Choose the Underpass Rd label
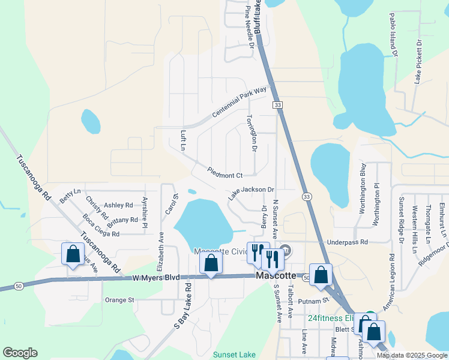coord(346,242)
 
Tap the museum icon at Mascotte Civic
coord(286,249)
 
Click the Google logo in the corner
coord(20,353)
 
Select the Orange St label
coord(118,299)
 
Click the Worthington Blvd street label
coord(363,188)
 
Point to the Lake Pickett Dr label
coord(419,62)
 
